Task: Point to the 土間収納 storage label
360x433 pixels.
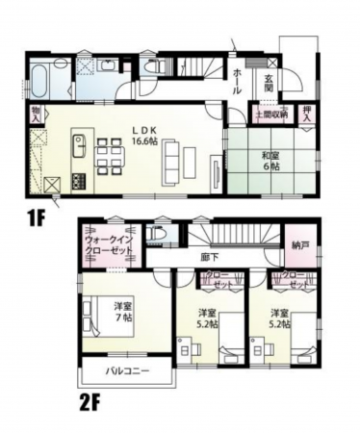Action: (x=270, y=114)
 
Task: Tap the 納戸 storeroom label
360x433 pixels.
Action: (x=299, y=246)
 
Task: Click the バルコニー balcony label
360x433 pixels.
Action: (x=126, y=371)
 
